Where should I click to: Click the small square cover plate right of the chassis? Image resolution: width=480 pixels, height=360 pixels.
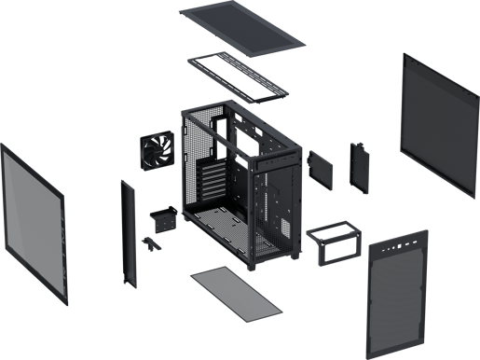point(319,164)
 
